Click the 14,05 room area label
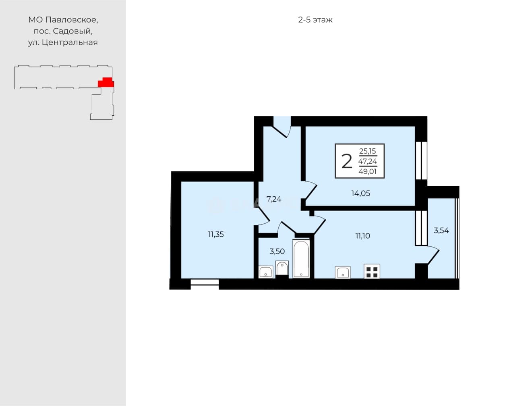[360, 194]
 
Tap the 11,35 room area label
[216, 234]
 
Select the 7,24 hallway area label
[273, 199]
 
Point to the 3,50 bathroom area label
[277, 252]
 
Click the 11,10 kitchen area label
[362, 236]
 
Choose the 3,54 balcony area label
[441, 231]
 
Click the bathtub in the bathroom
[301, 258]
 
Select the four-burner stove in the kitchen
[372, 271]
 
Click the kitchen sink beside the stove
[343, 272]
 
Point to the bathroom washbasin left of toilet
[266, 272]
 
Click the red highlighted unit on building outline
[106, 83]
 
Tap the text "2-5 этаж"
[315, 20]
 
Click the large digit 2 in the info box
[347, 161]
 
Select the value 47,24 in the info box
[368, 161]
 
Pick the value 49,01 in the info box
[368, 171]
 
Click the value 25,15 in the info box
[368, 151]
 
